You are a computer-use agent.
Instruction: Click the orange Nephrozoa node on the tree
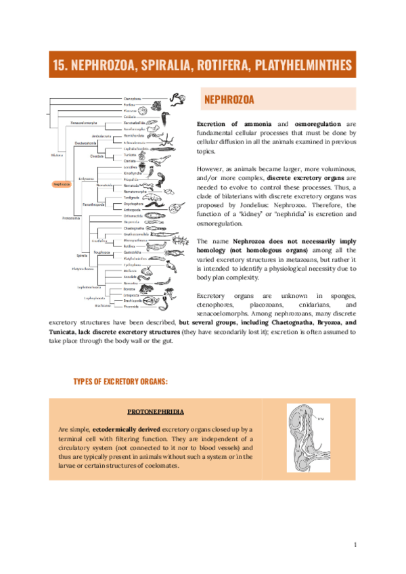coord(62,183)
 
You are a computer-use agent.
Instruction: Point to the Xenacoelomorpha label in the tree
coord(84,123)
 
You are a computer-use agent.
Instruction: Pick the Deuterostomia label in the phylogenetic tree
coord(86,143)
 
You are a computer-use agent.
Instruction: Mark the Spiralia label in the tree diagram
coord(82,256)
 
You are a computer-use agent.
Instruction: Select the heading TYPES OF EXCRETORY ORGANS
coord(120,382)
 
